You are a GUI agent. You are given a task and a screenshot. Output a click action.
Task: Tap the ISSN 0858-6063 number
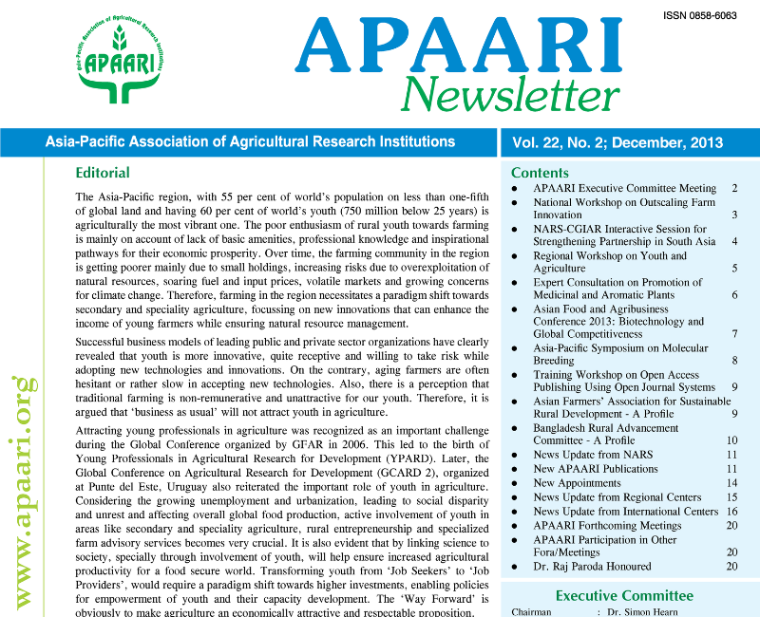pyautogui.click(x=702, y=16)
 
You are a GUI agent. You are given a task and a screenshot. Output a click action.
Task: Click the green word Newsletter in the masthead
pyautogui.click(x=504, y=95)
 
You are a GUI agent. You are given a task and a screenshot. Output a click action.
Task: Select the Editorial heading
pyautogui.click(x=103, y=173)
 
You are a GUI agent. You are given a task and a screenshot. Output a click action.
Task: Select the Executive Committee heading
pyautogui.click(x=624, y=595)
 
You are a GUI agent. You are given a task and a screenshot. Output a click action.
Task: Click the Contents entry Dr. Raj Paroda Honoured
pyautogui.click(x=592, y=567)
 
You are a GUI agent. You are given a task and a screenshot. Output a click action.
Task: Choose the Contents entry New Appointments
pyautogui.click(x=578, y=483)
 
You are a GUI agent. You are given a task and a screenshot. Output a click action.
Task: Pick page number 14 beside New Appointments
pyautogui.click(x=731, y=483)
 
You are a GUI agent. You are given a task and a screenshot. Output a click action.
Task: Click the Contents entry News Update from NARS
pyautogui.click(x=593, y=455)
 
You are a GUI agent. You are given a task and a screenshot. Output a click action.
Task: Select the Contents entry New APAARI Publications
pyautogui.click(x=596, y=469)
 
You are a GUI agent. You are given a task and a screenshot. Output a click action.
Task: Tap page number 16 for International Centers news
pyautogui.click(x=731, y=512)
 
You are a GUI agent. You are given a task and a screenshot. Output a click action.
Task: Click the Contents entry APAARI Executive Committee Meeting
pyautogui.click(x=624, y=189)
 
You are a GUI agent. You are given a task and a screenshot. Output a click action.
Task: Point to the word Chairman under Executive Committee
pyautogui.click(x=531, y=612)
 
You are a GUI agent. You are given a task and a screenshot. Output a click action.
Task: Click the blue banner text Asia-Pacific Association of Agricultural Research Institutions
pyautogui.click(x=251, y=142)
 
